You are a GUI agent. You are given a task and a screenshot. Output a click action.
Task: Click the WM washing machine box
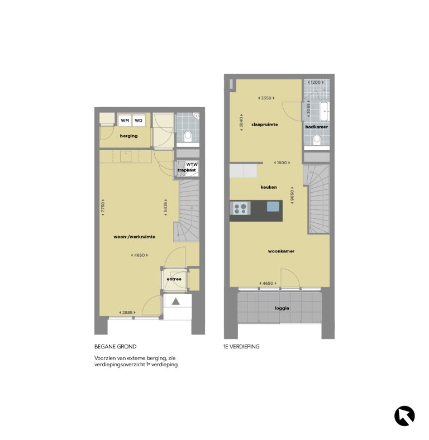tap(125, 120)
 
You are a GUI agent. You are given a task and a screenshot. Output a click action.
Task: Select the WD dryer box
tap(139, 120)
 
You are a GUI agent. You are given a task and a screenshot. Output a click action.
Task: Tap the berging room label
tap(128, 136)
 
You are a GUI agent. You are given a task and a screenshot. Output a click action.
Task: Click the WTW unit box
tap(192, 165)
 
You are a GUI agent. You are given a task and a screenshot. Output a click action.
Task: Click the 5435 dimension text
tap(165, 207)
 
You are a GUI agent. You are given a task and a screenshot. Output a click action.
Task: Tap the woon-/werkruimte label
tap(134, 237)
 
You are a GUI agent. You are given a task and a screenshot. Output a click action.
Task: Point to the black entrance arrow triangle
tap(176, 302)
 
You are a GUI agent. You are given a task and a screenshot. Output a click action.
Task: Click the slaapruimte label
tap(265, 125)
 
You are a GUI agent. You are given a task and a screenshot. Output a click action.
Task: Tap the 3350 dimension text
tap(265, 98)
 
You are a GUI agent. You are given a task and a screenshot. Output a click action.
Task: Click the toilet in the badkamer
tap(317, 139)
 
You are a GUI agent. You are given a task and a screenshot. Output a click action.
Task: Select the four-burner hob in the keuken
tap(241, 208)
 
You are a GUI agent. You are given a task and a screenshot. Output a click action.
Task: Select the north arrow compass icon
tap(404, 415)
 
